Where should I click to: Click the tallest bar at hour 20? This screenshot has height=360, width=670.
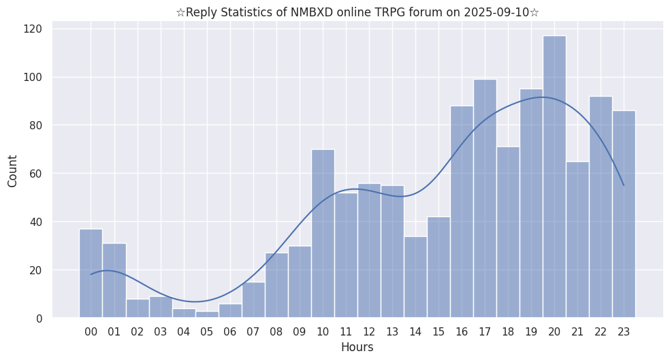(x=554, y=177)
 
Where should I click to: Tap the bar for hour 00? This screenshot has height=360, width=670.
(x=91, y=273)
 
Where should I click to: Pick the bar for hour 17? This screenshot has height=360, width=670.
(x=485, y=198)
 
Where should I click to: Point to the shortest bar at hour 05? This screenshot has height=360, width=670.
(x=207, y=314)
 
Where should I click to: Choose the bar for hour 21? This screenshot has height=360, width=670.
(x=577, y=239)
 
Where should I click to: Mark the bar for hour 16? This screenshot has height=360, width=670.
(x=462, y=212)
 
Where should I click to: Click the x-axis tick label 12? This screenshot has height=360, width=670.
(x=369, y=332)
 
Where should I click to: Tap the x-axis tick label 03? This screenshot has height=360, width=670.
(x=161, y=332)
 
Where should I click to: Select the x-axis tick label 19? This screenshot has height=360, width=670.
(x=531, y=332)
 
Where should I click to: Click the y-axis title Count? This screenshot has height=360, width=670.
(x=13, y=171)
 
